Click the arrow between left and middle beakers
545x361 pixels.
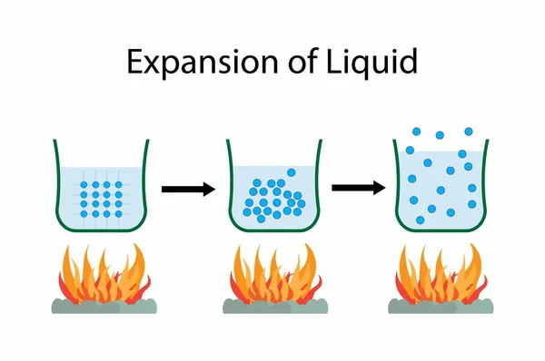point(188,189)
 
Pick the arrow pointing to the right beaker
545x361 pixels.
point(357,188)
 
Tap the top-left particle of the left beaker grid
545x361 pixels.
point(84,183)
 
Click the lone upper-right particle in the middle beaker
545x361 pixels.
point(291,172)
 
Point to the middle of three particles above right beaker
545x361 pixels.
point(440,135)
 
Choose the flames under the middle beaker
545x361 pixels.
point(272,272)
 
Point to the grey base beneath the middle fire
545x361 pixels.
point(272,307)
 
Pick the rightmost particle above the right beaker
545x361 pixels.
point(469,132)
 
